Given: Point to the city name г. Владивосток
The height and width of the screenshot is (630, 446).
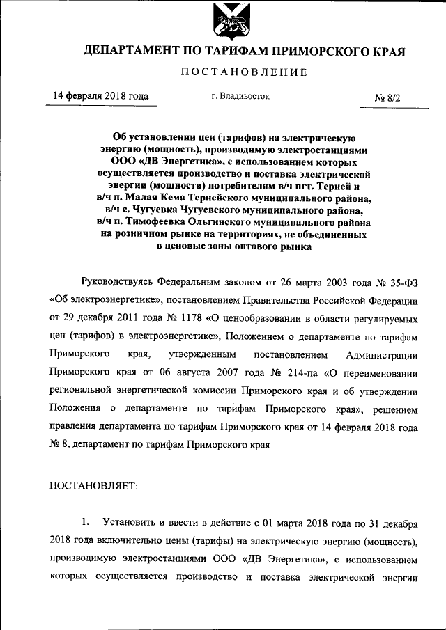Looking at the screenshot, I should point(240,97).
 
